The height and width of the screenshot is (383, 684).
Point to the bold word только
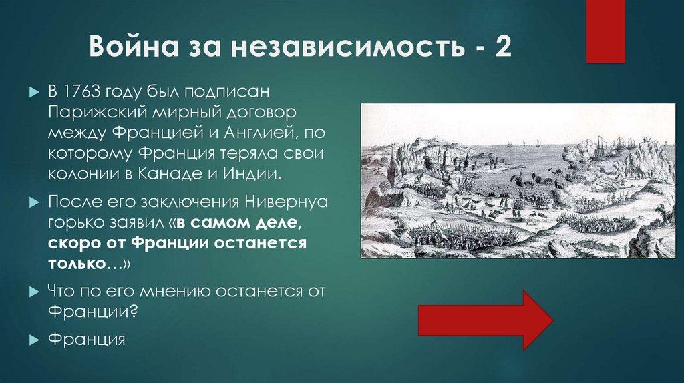pyautogui.click(x=75, y=264)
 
